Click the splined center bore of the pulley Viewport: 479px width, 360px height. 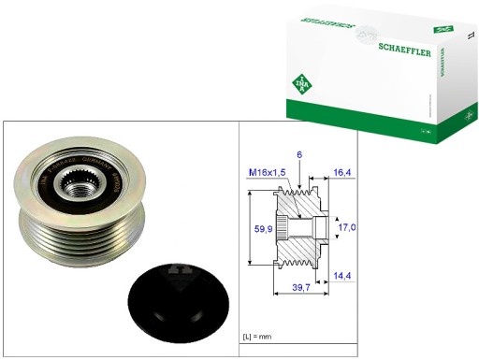(76, 186)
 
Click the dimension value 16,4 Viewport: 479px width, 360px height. (342, 172)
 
